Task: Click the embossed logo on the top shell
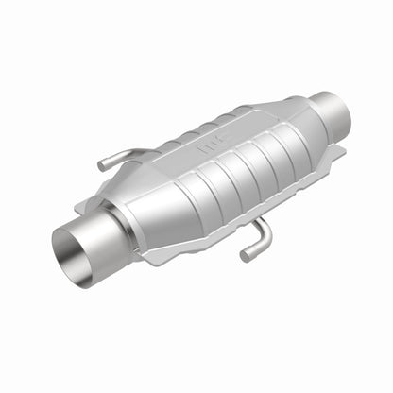[x=206, y=149]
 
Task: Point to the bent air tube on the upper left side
[x=118, y=159]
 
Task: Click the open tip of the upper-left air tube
[x=100, y=166]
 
